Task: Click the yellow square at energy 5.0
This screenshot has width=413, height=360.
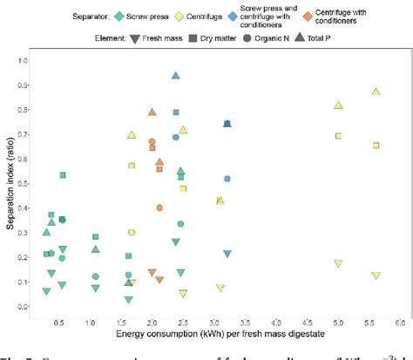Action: pos(338,135)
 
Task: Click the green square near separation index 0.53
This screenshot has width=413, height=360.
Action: pos(63,175)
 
